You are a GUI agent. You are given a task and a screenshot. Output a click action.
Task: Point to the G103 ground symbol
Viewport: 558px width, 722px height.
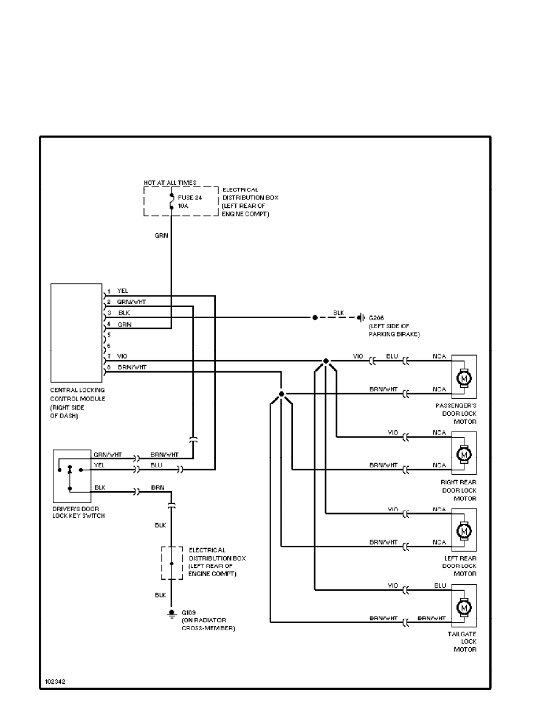click(x=171, y=613)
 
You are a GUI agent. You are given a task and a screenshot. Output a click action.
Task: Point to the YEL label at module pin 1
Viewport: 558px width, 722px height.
click(x=123, y=291)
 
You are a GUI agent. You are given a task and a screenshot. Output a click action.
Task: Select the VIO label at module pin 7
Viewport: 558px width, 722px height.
click(x=123, y=356)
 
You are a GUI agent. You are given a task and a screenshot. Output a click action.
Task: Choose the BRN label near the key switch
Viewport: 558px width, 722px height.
click(x=157, y=488)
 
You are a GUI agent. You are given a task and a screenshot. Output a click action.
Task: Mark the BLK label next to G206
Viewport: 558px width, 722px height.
click(x=339, y=313)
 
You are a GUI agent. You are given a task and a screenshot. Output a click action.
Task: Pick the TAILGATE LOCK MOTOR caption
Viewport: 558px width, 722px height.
click(x=464, y=641)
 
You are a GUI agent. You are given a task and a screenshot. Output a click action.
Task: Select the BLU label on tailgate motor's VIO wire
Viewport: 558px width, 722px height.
click(x=441, y=585)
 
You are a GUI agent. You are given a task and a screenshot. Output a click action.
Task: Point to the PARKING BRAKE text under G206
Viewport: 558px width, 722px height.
click(x=394, y=334)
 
